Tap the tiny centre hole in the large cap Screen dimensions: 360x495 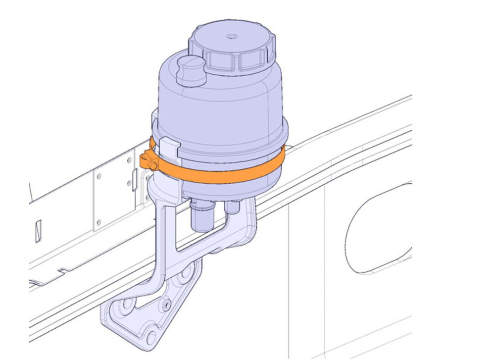pyautogui.click(x=231, y=37)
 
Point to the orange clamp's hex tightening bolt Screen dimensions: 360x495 pyautogui.click(x=148, y=161)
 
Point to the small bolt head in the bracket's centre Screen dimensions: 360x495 pyautogui.click(x=166, y=303)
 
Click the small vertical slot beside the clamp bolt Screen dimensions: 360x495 pyautogui.click(x=135, y=175)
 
